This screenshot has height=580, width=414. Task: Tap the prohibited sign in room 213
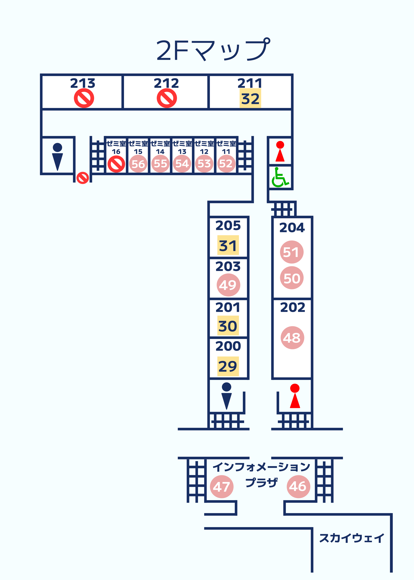click(x=84, y=98)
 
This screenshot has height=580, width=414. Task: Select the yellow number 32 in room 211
click(x=250, y=99)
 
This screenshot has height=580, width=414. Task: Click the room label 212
click(x=166, y=83)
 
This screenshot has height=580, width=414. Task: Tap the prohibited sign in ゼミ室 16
click(x=116, y=164)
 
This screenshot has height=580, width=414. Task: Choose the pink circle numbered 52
click(x=226, y=164)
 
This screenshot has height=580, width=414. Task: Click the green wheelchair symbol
click(x=280, y=177)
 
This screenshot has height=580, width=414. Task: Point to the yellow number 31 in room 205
click(x=228, y=245)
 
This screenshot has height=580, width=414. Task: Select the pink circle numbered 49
click(x=228, y=285)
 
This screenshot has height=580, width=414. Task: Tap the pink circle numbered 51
click(x=292, y=252)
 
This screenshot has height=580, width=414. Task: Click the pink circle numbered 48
click(x=292, y=338)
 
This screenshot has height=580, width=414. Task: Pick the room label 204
click(x=292, y=227)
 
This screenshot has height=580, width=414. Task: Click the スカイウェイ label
click(x=352, y=538)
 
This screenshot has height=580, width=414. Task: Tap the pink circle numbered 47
click(x=222, y=487)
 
